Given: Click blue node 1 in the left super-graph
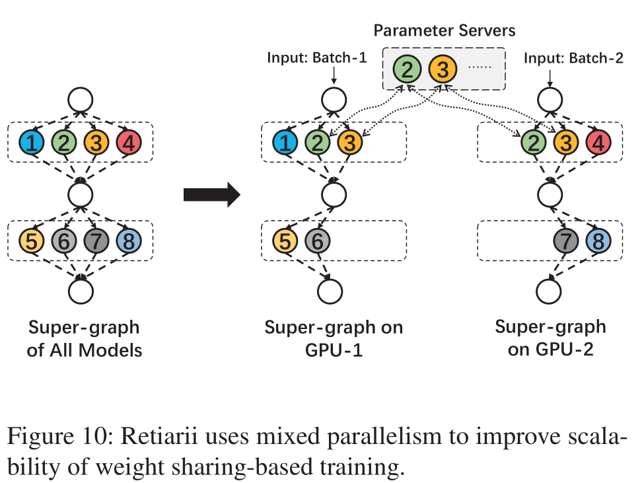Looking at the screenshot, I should [x=31, y=142].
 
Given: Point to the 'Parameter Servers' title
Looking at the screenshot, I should [x=444, y=30].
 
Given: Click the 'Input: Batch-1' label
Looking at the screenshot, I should [x=316, y=57].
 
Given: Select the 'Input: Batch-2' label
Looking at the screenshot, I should [x=573, y=57].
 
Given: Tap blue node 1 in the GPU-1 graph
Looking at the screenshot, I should [x=285, y=142].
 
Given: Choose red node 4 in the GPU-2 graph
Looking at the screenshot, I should [x=596, y=142].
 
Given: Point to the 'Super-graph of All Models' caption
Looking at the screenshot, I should [x=84, y=339].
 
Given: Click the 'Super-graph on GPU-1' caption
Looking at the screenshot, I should [x=334, y=339].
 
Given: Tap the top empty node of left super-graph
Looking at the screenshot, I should [x=81, y=100].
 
